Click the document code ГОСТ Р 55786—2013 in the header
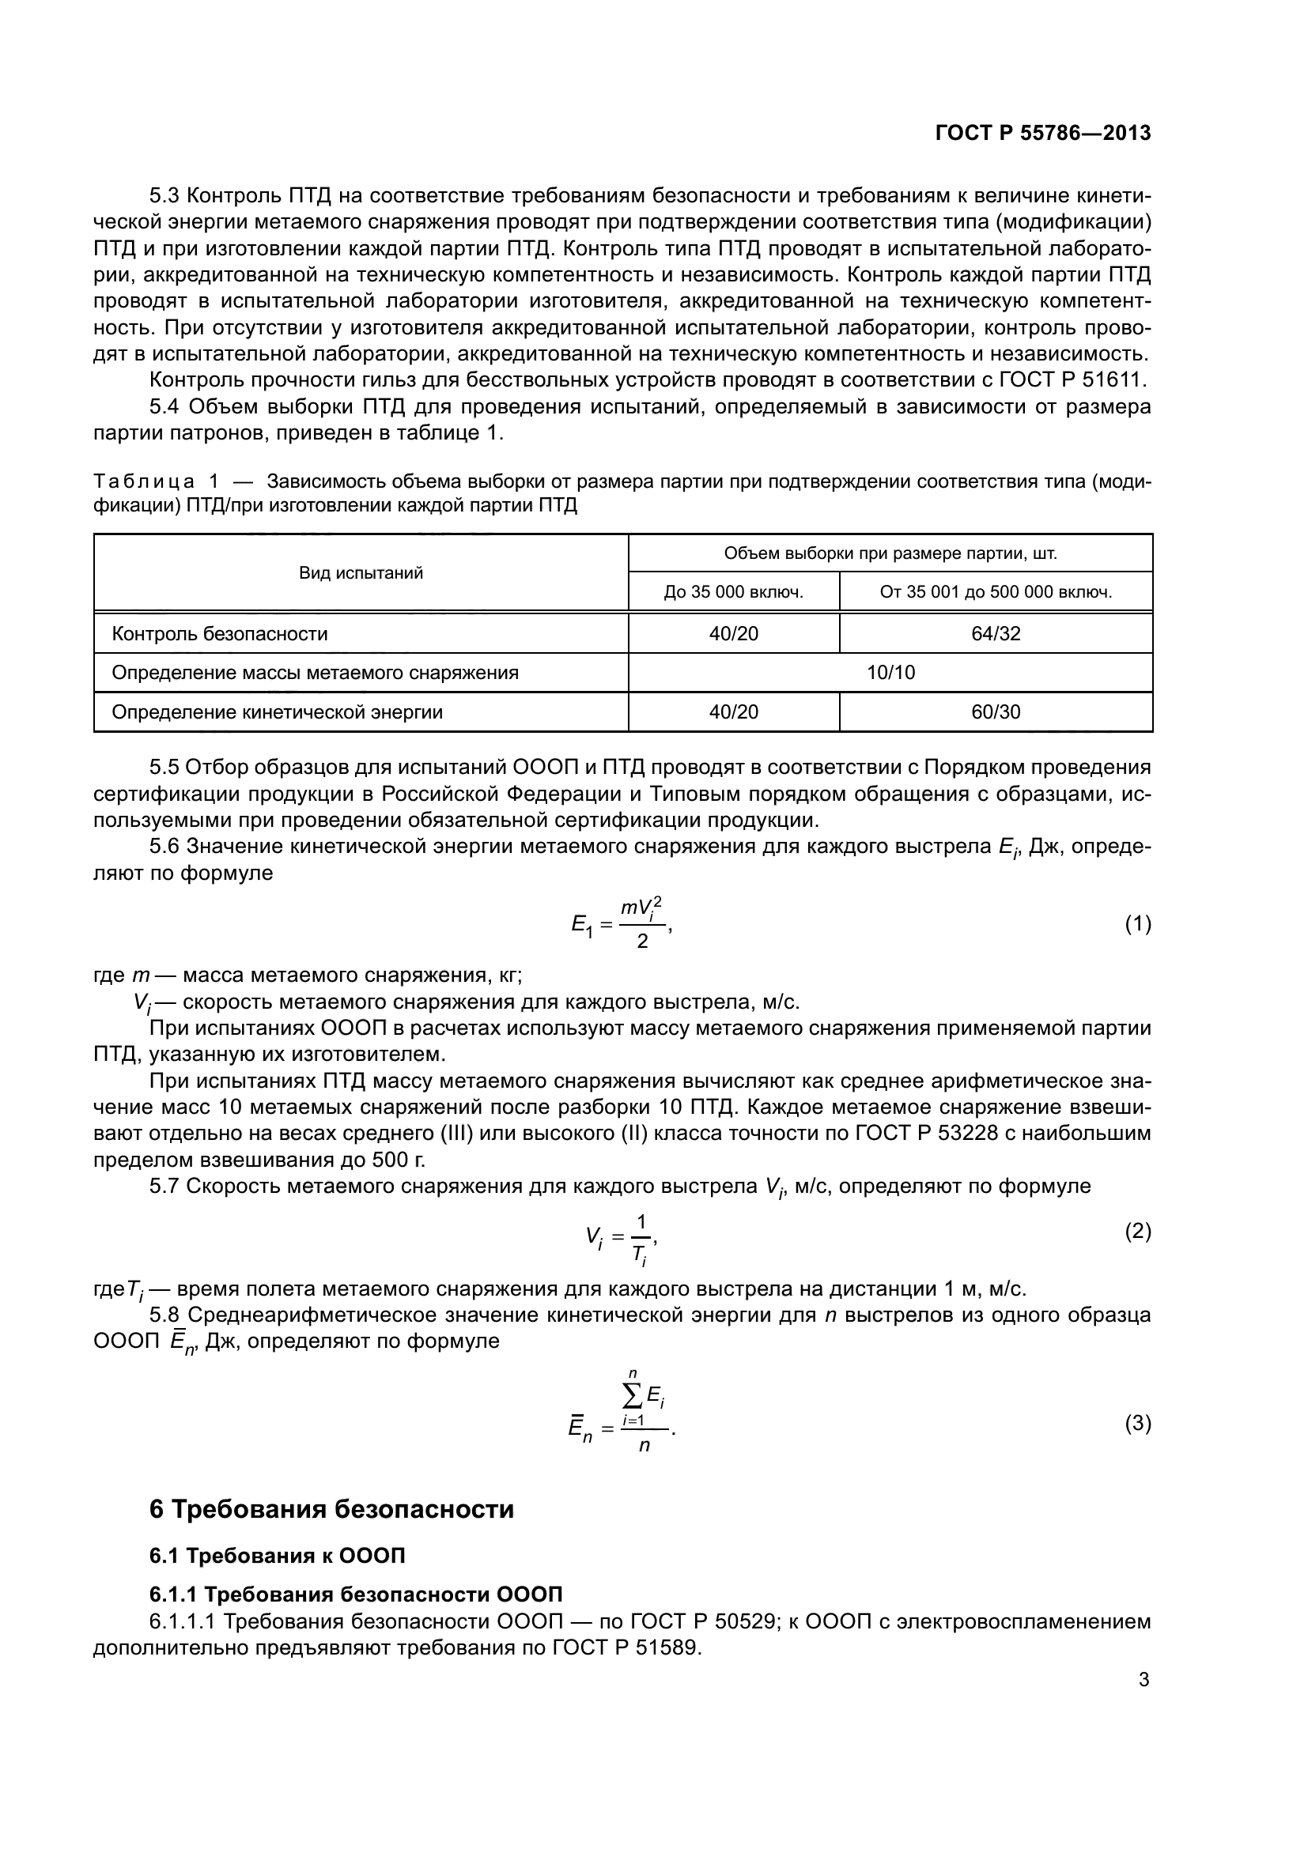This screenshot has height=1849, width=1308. coord(1043,133)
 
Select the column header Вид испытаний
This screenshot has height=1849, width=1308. coord(361,573)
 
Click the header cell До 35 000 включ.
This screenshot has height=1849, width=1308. coord(733,593)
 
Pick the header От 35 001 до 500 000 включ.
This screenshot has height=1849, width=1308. coord(996,593)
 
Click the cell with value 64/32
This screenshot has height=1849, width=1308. coord(996,634)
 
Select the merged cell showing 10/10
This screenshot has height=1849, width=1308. coord(890,673)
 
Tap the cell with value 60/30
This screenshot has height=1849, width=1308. coord(996,712)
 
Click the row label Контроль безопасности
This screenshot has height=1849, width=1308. coord(220,634)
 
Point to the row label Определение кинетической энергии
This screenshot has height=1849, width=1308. coord(277,712)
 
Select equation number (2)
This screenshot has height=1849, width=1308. coord(1137,1231)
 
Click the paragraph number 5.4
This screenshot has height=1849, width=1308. coord(165,406)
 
